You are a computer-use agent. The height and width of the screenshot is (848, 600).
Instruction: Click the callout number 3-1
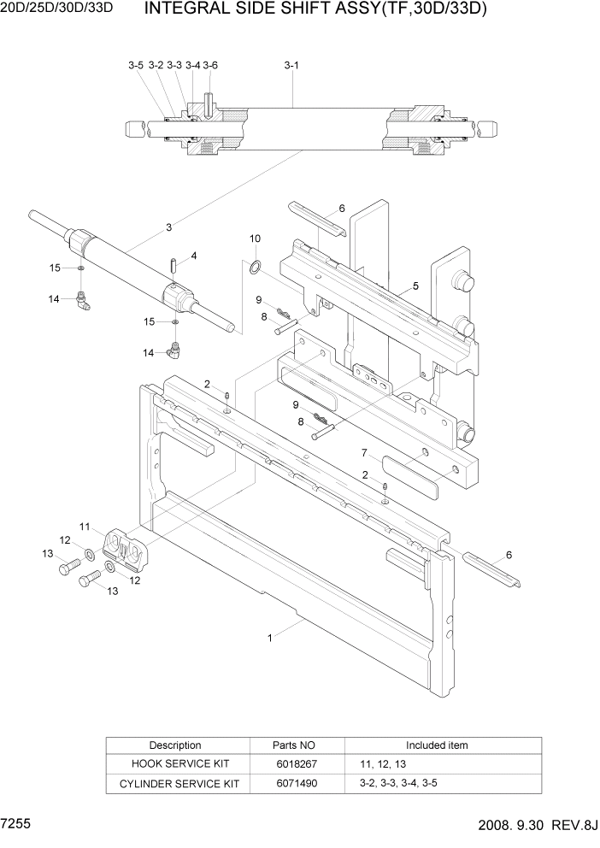point(291,65)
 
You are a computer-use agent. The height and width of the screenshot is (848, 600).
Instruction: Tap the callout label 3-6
point(210,65)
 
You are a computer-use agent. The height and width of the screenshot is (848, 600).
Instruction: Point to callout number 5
point(415,286)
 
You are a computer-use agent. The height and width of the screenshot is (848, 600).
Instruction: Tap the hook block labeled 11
point(126,547)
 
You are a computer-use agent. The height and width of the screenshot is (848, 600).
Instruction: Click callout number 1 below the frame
point(271,637)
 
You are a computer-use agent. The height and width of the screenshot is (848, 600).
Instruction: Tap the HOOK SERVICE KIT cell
point(175,763)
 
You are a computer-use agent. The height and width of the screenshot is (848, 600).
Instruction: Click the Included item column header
point(437,745)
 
